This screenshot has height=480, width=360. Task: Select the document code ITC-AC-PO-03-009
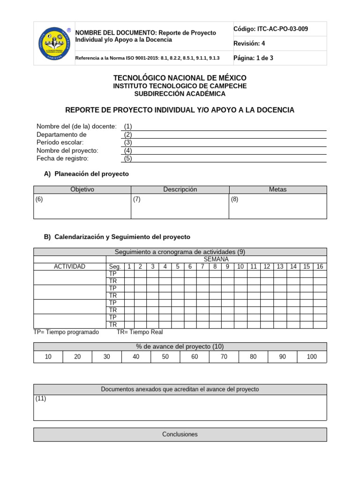270,29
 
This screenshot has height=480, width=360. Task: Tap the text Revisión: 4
249,44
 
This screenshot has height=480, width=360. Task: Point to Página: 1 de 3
253,58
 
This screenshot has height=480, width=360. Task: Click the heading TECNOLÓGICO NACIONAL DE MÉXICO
180,77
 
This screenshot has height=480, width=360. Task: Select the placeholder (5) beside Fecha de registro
128,158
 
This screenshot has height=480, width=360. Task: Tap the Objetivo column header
82,189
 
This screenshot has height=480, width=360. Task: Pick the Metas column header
277,189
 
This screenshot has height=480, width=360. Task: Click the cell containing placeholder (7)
180,206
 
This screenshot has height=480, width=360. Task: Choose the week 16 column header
320,267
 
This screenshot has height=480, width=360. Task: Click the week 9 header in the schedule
227,267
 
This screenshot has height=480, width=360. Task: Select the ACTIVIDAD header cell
69,267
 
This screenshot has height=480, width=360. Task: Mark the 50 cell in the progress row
165,357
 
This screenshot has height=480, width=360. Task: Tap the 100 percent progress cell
312,357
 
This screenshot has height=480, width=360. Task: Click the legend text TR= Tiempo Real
140,332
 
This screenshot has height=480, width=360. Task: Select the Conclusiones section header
180,435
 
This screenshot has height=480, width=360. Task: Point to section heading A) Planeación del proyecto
86,174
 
